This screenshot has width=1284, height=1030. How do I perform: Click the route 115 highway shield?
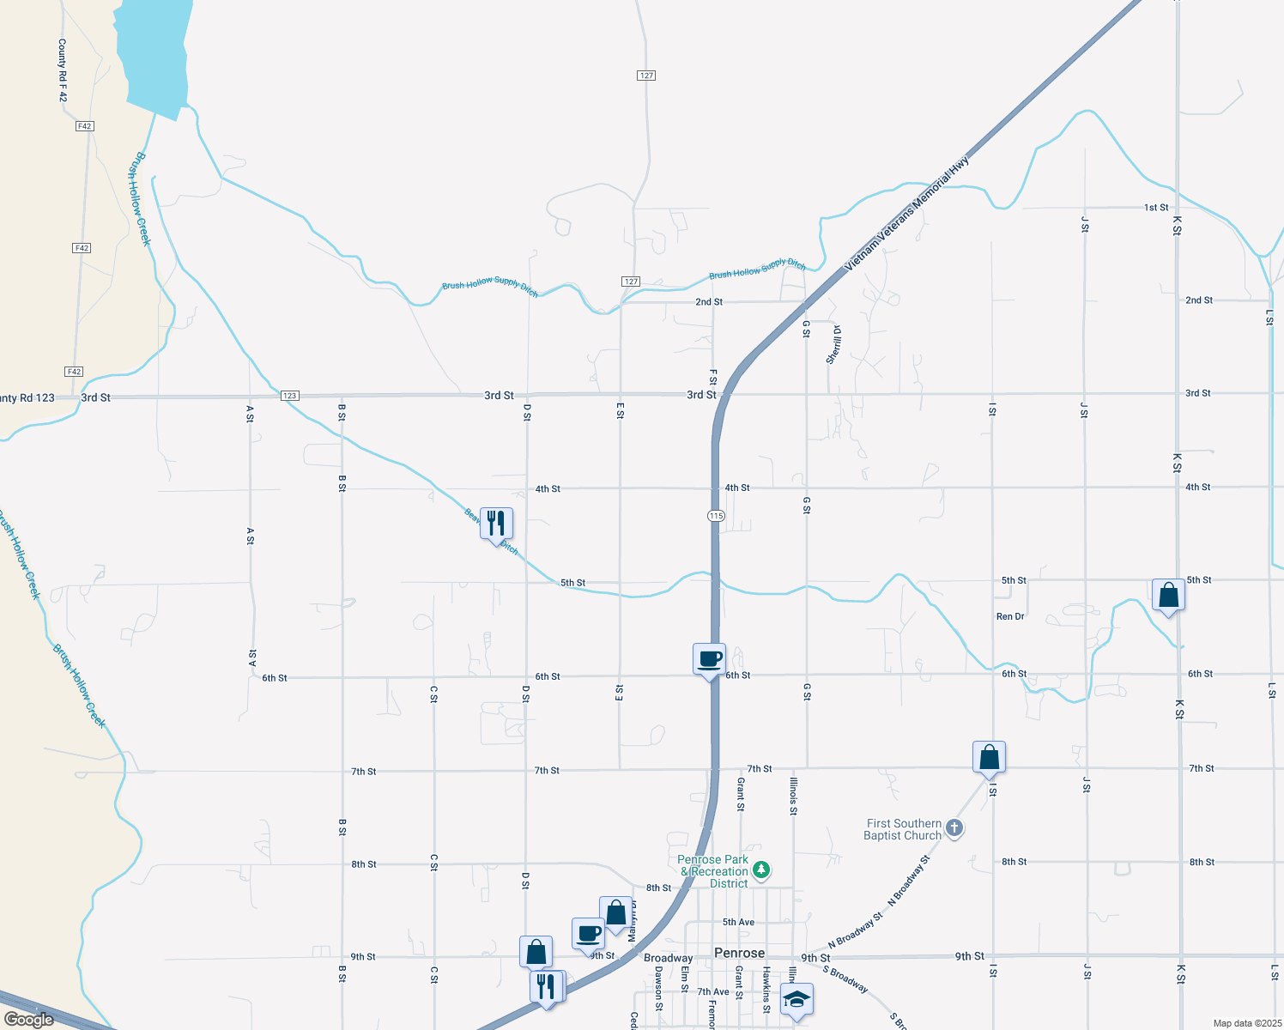pos(717,516)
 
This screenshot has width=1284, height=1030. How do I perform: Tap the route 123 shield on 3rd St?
pos(289,396)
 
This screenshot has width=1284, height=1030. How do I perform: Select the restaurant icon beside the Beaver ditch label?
pos(496,523)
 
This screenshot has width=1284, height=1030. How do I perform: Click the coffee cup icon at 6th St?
pos(709,659)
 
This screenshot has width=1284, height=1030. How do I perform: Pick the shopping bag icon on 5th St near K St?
pos(1168,594)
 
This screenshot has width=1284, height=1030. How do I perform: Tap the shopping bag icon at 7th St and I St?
pos(989,757)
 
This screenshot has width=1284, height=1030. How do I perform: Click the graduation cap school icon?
pos(796,999)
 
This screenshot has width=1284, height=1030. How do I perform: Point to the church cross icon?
pos(954,828)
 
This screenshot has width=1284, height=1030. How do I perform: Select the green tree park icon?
pos(760,870)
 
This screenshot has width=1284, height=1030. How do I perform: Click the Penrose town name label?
pos(739,953)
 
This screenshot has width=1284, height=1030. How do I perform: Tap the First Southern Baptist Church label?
pos(903,829)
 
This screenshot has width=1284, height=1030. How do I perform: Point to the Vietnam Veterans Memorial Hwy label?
pos(906,214)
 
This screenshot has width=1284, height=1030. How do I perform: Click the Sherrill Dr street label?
pos(833,345)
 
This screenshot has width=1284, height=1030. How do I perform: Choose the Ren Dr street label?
pos(1010,616)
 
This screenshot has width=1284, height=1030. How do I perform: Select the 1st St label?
pos(1156,208)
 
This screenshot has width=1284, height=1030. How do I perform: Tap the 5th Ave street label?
pos(738,922)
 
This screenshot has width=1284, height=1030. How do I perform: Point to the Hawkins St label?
pos(766,989)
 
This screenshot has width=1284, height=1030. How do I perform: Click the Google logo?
pos(28,1019)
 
